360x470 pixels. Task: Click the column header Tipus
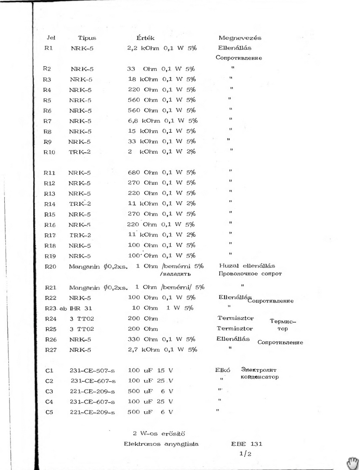(x=87, y=38)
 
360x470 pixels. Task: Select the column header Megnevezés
(x=240, y=38)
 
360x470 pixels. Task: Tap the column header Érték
(x=146, y=38)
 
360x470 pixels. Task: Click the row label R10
(x=50, y=152)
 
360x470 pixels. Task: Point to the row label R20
(x=50, y=266)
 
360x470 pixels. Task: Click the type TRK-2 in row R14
(x=80, y=204)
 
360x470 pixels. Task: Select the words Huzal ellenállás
(x=247, y=266)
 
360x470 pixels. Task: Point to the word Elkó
(x=222, y=370)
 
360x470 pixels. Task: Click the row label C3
(x=49, y=391)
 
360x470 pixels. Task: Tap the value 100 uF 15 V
(x=150, y=370)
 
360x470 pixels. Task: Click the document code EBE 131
(x=247, y=444)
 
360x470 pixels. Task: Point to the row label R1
(x=49, y=48)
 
